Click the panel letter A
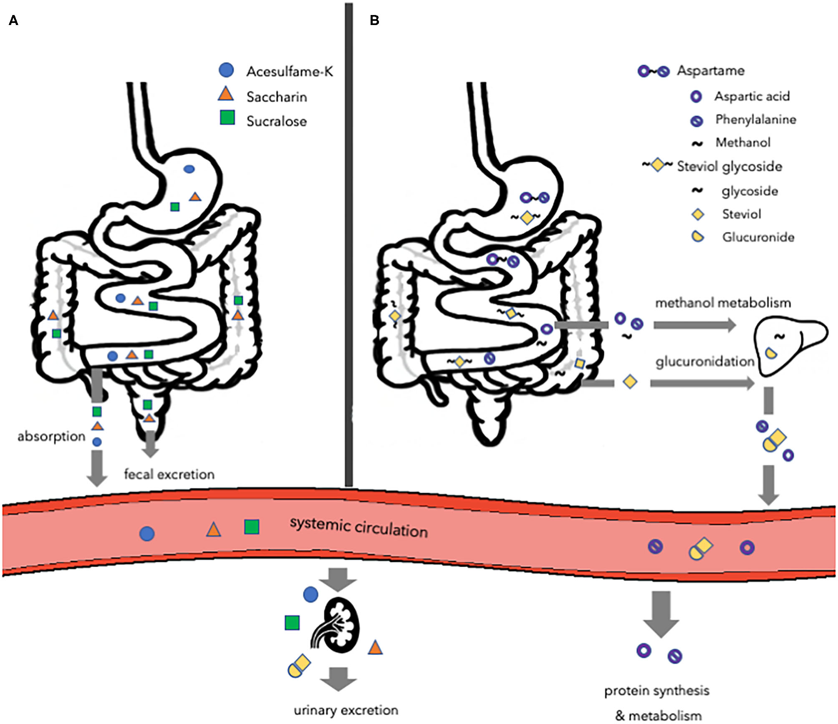click(13, 20)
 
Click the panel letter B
click(374, 20)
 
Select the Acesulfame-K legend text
click(290, 72)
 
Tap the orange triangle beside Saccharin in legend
click(226, 94)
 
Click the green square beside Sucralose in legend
click(227, 118)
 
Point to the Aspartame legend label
click(710, 70)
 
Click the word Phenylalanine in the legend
click(755, 120)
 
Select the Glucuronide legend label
click(758, 237)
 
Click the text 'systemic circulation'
click(358, 527)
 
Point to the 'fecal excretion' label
click(169, 474)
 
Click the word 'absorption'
click(51, 437)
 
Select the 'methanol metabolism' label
click(723, 303)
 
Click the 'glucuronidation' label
click(704, 362)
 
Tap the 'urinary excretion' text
click(346, 710)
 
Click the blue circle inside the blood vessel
click(147, 533)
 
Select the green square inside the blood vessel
click(252, 527)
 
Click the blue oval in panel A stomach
click(189, 169)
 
